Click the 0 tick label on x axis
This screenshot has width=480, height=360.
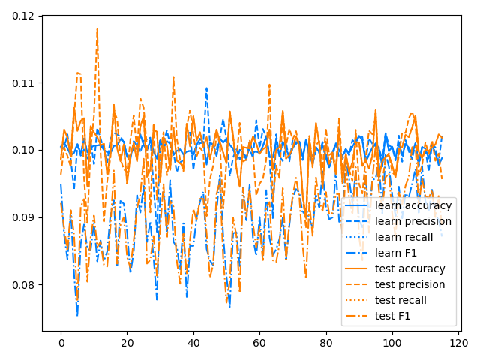(x=61, y=342)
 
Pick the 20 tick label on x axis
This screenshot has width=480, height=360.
(x=127, y=342)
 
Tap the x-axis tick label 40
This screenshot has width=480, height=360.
(x=193, y=342)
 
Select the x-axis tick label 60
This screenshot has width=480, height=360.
(x=259, y=342)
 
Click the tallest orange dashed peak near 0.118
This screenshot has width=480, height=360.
(x=97, y=29)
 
